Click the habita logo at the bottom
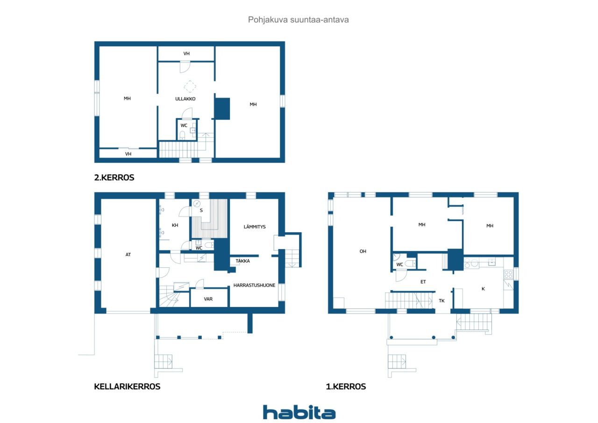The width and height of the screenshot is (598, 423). click(x=299, y=412)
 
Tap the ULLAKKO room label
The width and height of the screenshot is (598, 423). click(x=185, y=99)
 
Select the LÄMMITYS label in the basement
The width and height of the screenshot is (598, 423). click(x=255, y=227)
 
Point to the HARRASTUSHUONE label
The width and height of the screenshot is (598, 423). click(x=254, y=285)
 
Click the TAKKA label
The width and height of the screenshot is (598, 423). click(x=242, y=261)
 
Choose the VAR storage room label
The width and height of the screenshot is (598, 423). click(x=208, y=299)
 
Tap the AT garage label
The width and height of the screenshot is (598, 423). click(x=128, y=255)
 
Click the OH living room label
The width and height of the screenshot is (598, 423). click(x=363, y=251)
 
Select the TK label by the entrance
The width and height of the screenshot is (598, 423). click(x=441, y=301)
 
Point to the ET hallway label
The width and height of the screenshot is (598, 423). click(x=423, y=282)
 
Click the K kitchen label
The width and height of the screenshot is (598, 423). click(x=483, y=289)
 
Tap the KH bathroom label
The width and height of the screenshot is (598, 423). click(x=175, y=225)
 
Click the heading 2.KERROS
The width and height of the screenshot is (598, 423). click(x=114, y=178)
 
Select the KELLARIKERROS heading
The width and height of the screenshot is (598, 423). click(x=127, y=387)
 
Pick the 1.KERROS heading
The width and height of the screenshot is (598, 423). click(x=346, y=387)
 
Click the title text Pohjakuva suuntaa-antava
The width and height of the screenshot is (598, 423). click(x=298, y=20)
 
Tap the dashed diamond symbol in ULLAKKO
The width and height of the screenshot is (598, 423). click(x=190, y=86)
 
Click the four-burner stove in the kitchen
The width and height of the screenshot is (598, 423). click(x=508, y=274)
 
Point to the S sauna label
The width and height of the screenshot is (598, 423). click(x=201, y=210)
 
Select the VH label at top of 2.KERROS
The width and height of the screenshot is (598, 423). click(x=186, y=54)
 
